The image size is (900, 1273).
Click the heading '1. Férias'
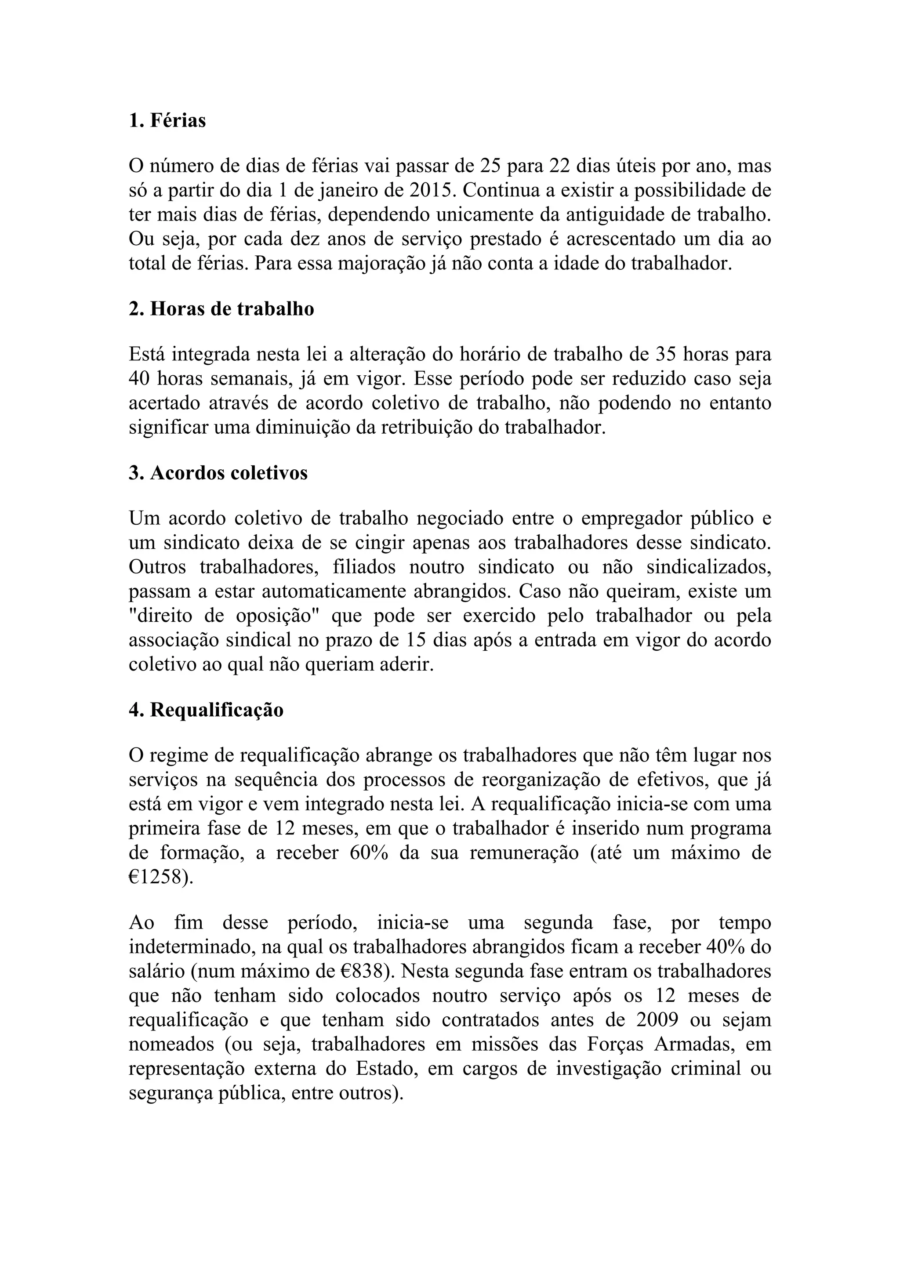click(167, 120)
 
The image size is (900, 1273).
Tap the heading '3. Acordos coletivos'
click(218, 473)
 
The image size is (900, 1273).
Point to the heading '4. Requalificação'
click(206, 710)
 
